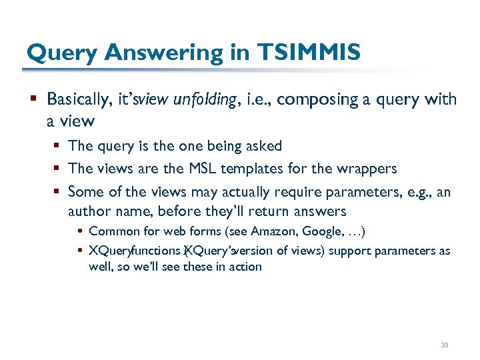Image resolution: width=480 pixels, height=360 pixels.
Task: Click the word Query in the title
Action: point(61,51)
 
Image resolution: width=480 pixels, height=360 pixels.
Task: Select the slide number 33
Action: point(445,345)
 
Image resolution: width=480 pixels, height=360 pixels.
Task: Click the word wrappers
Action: point(368,169)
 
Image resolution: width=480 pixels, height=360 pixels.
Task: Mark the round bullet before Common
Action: point(80,232)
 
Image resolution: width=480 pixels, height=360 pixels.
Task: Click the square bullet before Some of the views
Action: point(58,192)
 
